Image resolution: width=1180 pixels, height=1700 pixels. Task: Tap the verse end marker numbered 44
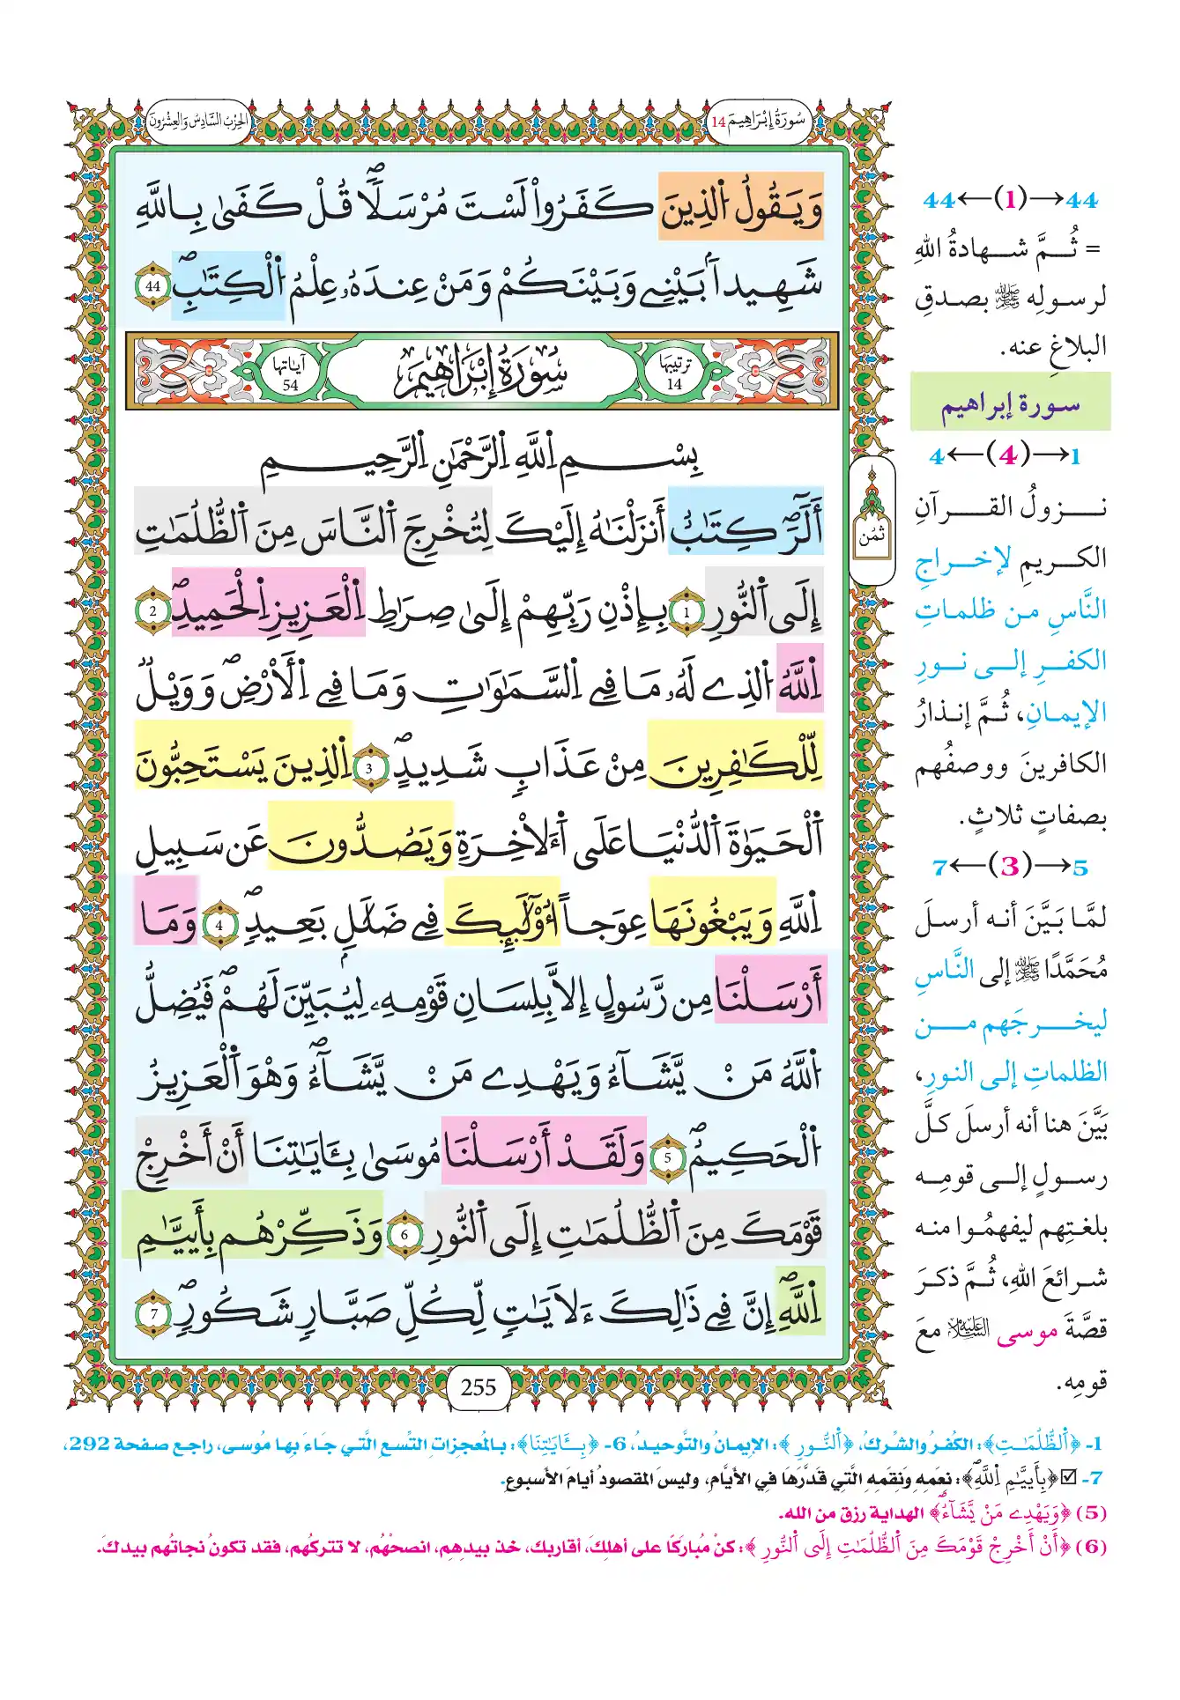153,286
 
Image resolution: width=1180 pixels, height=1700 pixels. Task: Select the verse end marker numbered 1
686,611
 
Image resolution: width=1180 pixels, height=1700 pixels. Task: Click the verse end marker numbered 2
152,611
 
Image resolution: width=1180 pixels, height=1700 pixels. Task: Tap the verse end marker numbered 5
667,1157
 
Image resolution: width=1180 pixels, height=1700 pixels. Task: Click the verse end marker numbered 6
404,1235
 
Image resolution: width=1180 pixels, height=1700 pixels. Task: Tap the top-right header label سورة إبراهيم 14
758,121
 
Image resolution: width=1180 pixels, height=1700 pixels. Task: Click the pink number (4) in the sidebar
1007,455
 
